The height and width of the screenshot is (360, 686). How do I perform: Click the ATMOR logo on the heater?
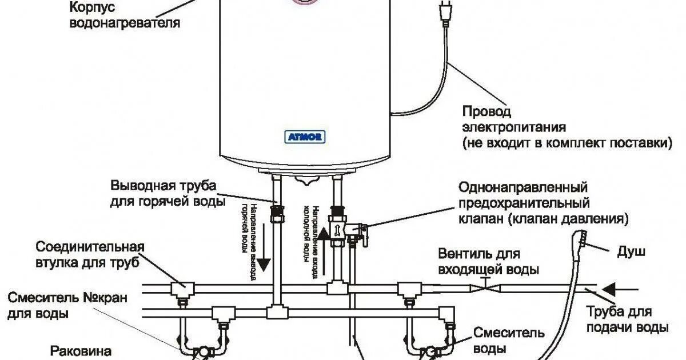[305, 137]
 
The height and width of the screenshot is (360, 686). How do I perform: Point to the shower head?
[583, 238]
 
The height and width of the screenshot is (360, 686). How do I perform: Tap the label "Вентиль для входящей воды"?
[489, 261]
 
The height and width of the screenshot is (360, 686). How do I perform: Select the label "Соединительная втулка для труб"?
[90, 255]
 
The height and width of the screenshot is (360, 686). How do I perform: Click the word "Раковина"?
[81, 350]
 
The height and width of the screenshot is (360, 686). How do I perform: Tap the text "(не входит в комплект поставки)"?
[566, 142]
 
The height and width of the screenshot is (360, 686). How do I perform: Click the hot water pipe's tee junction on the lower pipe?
[277, 312]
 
